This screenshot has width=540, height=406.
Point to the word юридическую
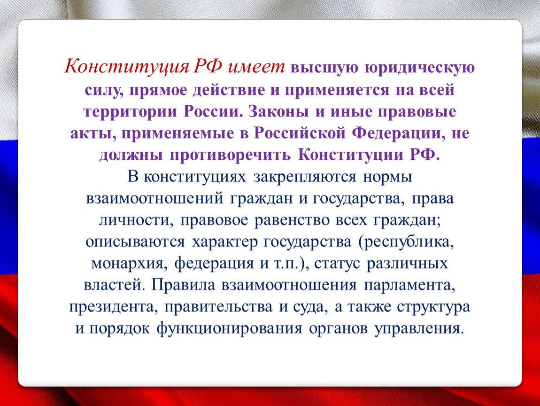pos(420,68)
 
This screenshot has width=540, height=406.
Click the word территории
pos(130,112)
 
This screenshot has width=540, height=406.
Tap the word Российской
pos(300,133)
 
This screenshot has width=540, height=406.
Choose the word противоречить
pos(230,156)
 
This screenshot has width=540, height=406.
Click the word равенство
pos(292,220)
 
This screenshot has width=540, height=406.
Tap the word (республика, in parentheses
pos(406,242)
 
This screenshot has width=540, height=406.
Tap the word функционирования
pos(229,328)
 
